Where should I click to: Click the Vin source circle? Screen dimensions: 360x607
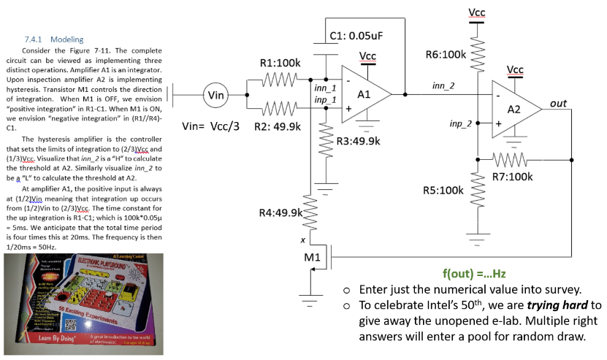tap(216, 95)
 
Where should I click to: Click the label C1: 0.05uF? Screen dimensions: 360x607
tap(357, 35)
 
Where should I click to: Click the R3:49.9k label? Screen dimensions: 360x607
tap(357, 139)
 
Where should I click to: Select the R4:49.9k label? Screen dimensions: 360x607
tap(280, 212)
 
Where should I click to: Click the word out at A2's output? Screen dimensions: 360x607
tap(558, 103)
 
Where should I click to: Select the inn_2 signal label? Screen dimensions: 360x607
tap(443, 86)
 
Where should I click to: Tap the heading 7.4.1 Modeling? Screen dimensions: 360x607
tap(54, 39)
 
